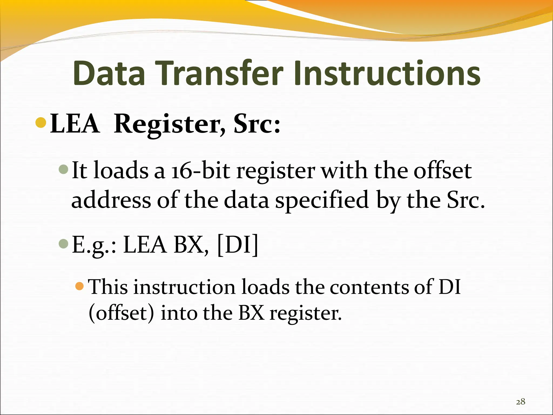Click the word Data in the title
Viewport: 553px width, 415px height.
(x=109, y=73)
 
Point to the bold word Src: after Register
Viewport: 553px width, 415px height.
(x=257, y=124)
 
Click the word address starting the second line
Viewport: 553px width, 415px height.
(x=111, y=200)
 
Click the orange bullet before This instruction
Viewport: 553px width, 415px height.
(x=80, y=286)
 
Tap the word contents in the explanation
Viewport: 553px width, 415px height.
(x=369, y=287)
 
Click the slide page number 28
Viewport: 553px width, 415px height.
(x=520, y=402)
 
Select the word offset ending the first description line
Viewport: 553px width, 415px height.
(x=443, y=171)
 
